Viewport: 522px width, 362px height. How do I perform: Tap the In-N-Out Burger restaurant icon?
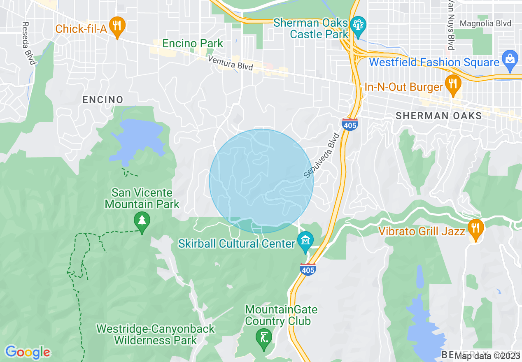click(453, 85)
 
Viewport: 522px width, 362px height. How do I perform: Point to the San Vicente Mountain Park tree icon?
click(142, 221)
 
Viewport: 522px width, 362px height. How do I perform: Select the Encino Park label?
click(193, 43)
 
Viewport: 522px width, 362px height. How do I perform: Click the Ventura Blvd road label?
click(230, 63)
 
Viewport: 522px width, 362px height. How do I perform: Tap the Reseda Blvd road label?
click(29, 43)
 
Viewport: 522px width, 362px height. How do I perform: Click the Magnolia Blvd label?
click(485, 23)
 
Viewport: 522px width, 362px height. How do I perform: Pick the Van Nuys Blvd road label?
click(451, 25)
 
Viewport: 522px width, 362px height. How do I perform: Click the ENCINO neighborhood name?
click(103, 100)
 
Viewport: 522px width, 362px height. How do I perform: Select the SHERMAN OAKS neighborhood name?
click(438, 116)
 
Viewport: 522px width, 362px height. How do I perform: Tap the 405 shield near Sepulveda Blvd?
click(349, 124)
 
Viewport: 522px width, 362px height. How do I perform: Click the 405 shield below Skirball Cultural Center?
click(308, 269)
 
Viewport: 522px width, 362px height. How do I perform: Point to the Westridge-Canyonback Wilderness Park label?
click(156, 334)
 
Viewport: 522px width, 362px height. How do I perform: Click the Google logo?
click(28, 352)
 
